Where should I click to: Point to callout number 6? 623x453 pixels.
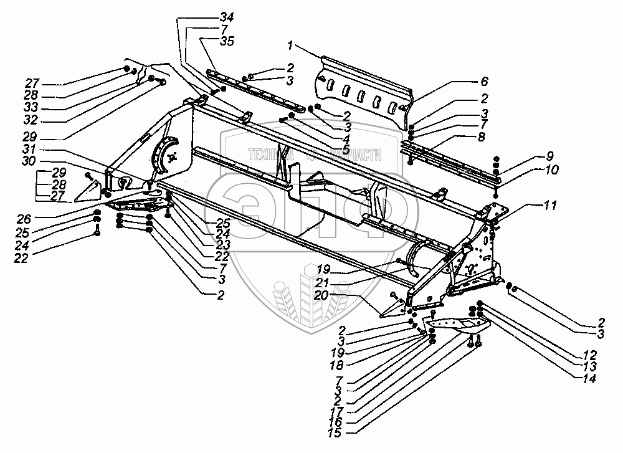tap(485, 81)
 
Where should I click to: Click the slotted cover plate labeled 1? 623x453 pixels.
tap(364, 93)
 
